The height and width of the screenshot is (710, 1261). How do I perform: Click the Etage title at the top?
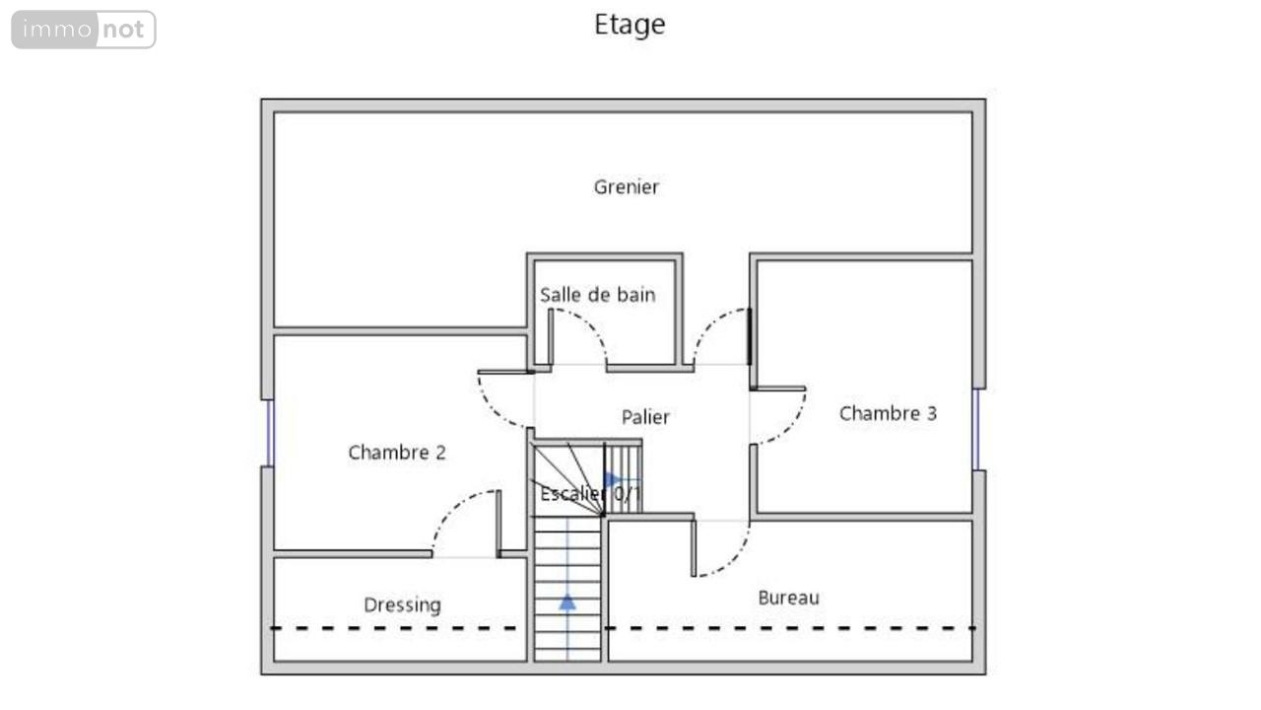[630, 26]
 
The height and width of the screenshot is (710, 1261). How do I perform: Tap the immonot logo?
[84, 30]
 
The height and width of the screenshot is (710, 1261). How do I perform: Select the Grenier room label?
[626, 187]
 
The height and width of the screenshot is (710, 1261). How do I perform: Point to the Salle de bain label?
[597, 295]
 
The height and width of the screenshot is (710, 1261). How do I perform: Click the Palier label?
[645, 417]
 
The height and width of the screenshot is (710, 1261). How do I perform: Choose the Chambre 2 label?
[397, 453]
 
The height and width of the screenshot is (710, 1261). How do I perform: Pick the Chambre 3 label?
[888, 413]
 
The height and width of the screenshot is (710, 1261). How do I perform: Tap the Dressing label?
[403, 605]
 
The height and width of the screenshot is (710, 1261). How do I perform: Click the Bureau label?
[789, 598]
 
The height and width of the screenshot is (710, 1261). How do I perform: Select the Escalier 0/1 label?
[590, 494]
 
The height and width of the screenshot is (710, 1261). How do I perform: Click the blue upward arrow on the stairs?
[567, 603]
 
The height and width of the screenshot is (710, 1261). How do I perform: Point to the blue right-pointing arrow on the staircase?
[613, 480]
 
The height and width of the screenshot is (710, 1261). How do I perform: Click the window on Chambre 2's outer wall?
[270, 433]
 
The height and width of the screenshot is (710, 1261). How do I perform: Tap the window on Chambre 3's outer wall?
[976, 430]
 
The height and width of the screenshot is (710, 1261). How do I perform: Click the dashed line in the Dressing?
[394, 628]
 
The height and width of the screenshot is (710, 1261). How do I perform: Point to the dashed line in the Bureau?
[790, 628]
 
